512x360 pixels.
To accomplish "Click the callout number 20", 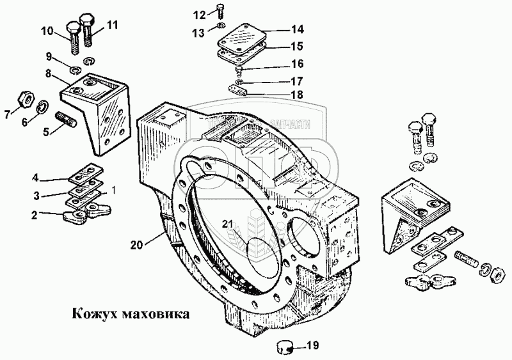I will coord(136,244).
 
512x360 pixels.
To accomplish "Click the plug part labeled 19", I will coord(284,347).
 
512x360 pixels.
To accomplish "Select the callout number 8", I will coord(48,74).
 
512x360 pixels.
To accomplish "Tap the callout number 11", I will coord(113,26).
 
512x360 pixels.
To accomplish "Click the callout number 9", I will coord(48,56).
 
